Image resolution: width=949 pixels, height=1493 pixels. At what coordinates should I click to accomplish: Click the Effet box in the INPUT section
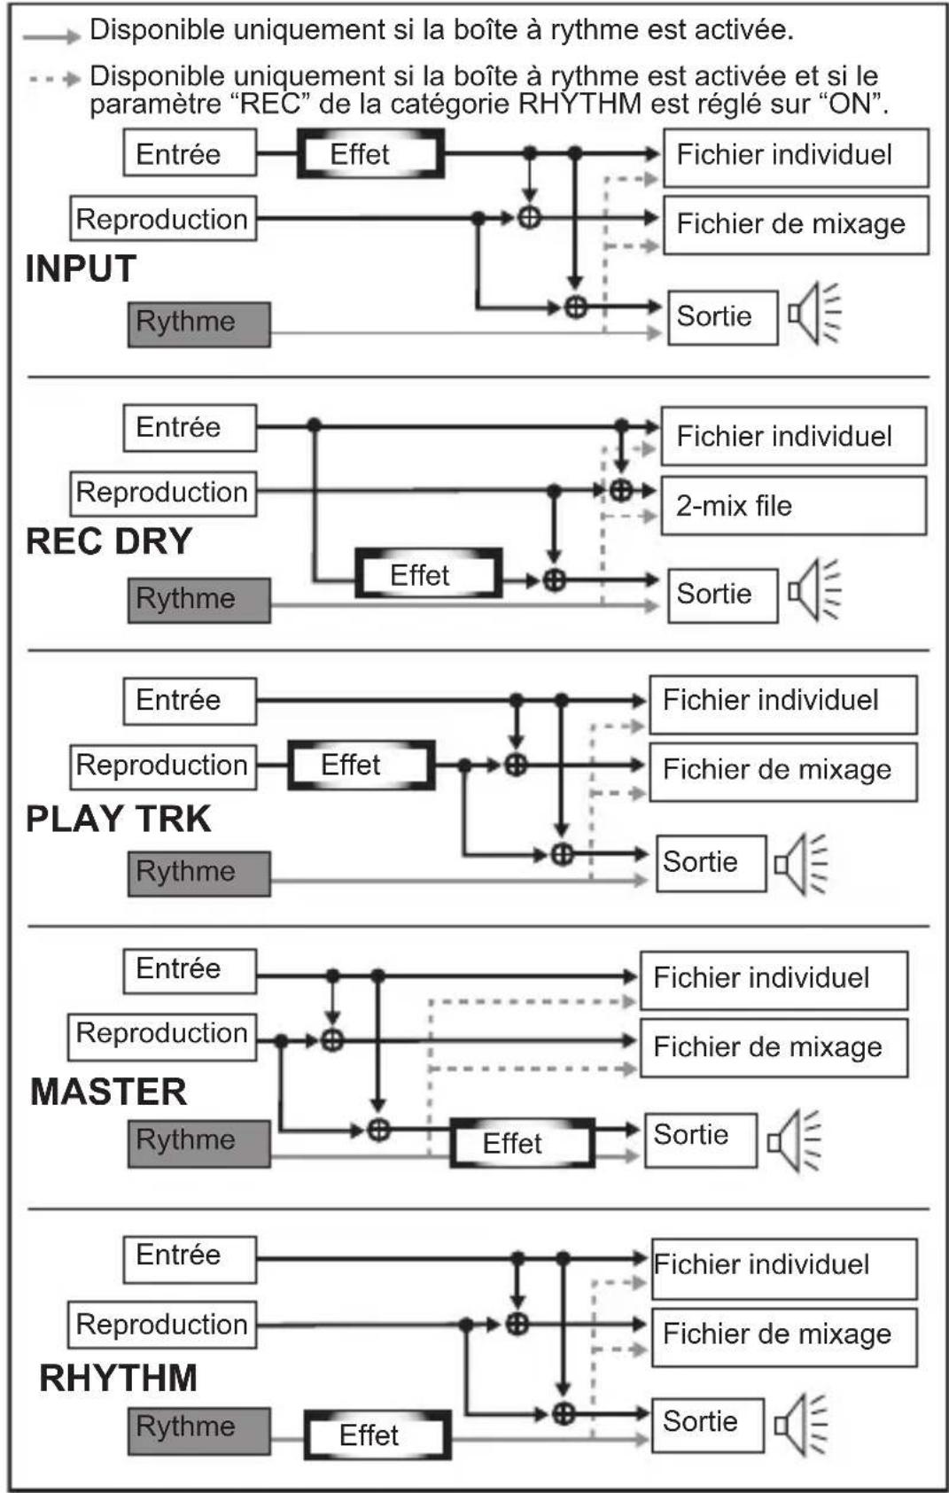click(370, 154)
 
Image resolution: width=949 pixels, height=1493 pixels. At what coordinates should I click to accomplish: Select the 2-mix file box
click(793, 506)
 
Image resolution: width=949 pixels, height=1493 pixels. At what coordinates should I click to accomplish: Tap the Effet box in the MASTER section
click(522, 1143)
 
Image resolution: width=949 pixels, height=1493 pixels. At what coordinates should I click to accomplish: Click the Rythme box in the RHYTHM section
click(198, 1427)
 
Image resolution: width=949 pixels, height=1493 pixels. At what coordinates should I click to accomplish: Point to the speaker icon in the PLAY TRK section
click(800, 863)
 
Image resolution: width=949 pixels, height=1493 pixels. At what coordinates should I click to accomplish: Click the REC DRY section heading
click(109, 541)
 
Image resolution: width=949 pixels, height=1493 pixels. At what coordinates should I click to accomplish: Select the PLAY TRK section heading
click(119, 819)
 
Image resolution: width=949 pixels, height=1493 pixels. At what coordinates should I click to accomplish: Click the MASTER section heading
click(109, 1092)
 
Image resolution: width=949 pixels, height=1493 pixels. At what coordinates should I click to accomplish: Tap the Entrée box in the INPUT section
click(190, 153)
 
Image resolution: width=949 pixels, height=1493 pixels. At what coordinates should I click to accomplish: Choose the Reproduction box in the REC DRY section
click(163, 493)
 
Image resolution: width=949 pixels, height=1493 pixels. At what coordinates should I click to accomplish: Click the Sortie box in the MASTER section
click(700, 1139)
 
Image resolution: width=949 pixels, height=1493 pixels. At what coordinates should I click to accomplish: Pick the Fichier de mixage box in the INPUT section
click(795, 224)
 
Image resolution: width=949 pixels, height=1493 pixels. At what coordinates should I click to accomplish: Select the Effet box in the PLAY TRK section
click(362, 766)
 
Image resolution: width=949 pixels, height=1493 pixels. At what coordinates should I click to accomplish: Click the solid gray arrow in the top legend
click(51, 36)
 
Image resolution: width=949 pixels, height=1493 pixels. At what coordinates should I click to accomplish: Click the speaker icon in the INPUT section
click(813, 313)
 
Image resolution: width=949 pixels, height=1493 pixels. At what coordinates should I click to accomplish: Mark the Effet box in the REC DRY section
click(429, 575)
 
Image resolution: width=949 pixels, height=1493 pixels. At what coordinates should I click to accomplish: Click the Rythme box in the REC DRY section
click(198, 600)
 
